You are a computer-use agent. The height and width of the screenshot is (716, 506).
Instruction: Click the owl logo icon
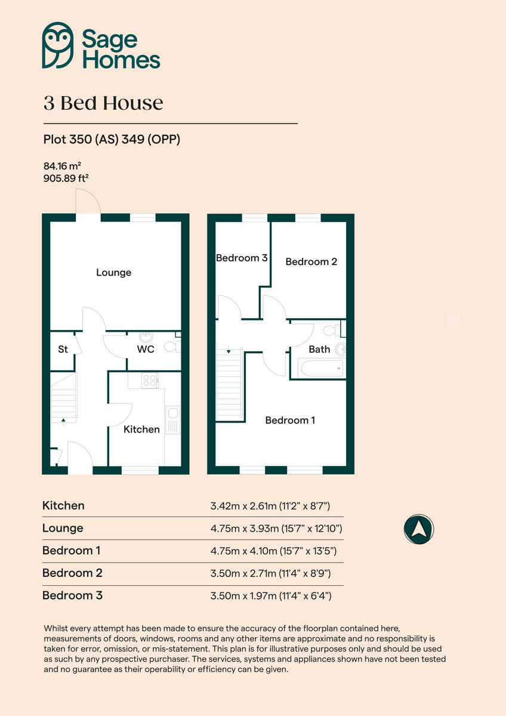tap(57, 45)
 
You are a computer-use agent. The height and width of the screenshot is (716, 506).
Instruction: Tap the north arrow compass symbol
tap(418, 529)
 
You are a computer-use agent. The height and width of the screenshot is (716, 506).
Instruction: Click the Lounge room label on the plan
tap(113, 273)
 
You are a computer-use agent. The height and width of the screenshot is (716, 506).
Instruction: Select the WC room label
tap(146, 349)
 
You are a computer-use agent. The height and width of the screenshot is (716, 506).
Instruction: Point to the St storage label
tap(63, 350)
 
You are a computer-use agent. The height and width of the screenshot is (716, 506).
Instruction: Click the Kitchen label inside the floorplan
tap(141, 429)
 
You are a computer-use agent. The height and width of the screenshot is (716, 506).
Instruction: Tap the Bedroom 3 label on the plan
tap(241, 258)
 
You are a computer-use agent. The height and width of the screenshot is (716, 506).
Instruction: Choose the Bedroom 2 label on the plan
tap(311, 261)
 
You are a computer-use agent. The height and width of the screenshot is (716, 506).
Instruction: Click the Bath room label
tap(319, 349)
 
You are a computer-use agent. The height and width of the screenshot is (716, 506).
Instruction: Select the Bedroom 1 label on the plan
tap(290, 420)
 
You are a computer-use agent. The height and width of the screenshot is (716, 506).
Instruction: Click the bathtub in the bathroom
tap(322, 368)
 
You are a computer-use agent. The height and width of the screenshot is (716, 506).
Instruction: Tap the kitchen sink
tap(172, 413)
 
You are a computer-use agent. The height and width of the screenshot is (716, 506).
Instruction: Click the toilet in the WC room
tap(171, 345)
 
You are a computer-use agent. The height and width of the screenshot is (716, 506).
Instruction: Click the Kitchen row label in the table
tap(63, 505)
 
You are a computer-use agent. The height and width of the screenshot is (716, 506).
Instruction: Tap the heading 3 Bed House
tap(103, 103)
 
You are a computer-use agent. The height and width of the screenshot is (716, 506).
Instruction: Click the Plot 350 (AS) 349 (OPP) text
tap(112, 140)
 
